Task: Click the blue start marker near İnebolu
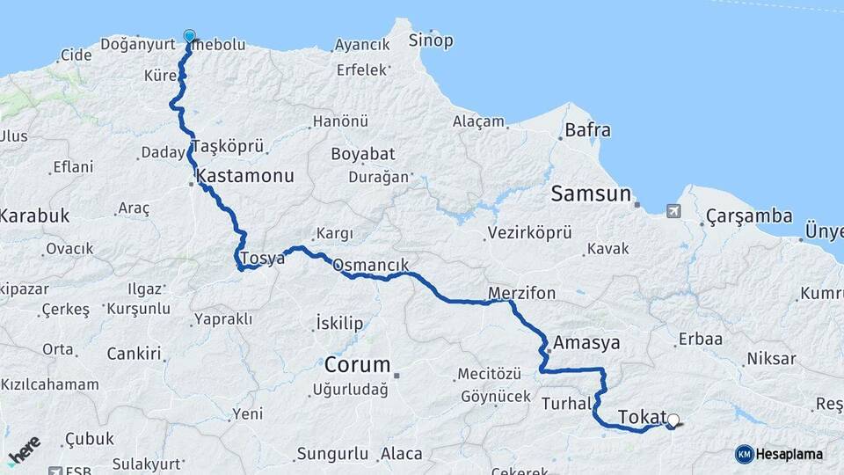coord(189,37)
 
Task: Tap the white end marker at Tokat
coord(673,420)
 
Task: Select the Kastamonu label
coord(245,176)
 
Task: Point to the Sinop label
coord(431,40)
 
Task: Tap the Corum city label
coord(357,364)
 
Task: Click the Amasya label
coord(582,342)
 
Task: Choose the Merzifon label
coord(521,293)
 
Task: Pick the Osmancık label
coord(370,264)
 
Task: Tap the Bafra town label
coord(587,130)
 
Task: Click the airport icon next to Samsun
coord(673,211)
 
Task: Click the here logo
coord(25,450)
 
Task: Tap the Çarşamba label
coord(748,216)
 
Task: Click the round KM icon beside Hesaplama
coord(745,454)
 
